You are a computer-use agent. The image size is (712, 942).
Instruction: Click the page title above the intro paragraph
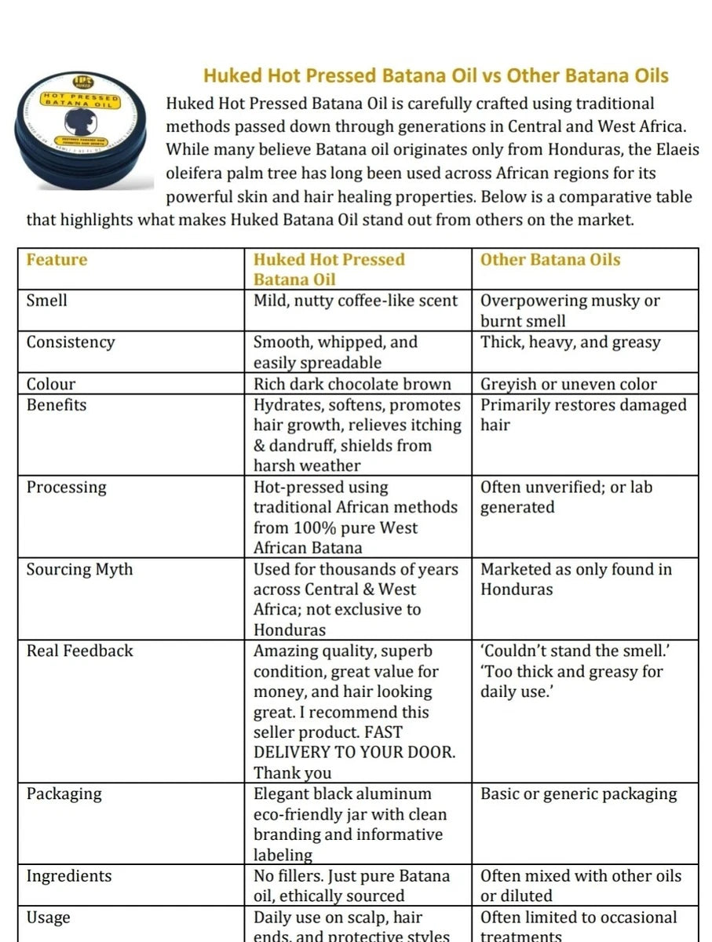coord(436,76)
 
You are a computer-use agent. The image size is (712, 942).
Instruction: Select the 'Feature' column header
coord(57,260)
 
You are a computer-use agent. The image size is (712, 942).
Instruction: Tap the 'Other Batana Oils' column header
coord(550,260)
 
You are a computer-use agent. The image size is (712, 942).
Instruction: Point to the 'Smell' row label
coord(47,301)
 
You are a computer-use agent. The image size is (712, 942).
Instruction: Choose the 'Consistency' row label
coord(71,342)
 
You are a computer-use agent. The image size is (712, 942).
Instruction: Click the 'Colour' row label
coord(52,384)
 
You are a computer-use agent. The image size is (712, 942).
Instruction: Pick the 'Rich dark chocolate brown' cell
coord(352,384)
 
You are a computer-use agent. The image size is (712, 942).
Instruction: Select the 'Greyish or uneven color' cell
coord(568,384)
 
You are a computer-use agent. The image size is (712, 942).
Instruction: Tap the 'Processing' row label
coord(66,487)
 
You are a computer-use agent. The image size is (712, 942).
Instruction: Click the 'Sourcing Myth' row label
coord(80,569)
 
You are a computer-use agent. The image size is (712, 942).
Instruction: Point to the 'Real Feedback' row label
coord(80,651)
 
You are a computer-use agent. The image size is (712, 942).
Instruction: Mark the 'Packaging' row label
coord(64,794)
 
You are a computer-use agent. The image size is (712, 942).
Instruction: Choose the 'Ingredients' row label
coord(69,876)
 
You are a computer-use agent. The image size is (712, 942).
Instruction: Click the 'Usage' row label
coord(49,917)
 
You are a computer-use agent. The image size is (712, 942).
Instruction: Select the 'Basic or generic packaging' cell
coord(578,794)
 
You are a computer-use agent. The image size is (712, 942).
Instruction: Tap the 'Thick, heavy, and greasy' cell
coord(571,342)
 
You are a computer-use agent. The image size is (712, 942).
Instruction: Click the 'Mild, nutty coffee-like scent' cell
coord(356,301)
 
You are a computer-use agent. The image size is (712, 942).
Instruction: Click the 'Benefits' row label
coord(57,405)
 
